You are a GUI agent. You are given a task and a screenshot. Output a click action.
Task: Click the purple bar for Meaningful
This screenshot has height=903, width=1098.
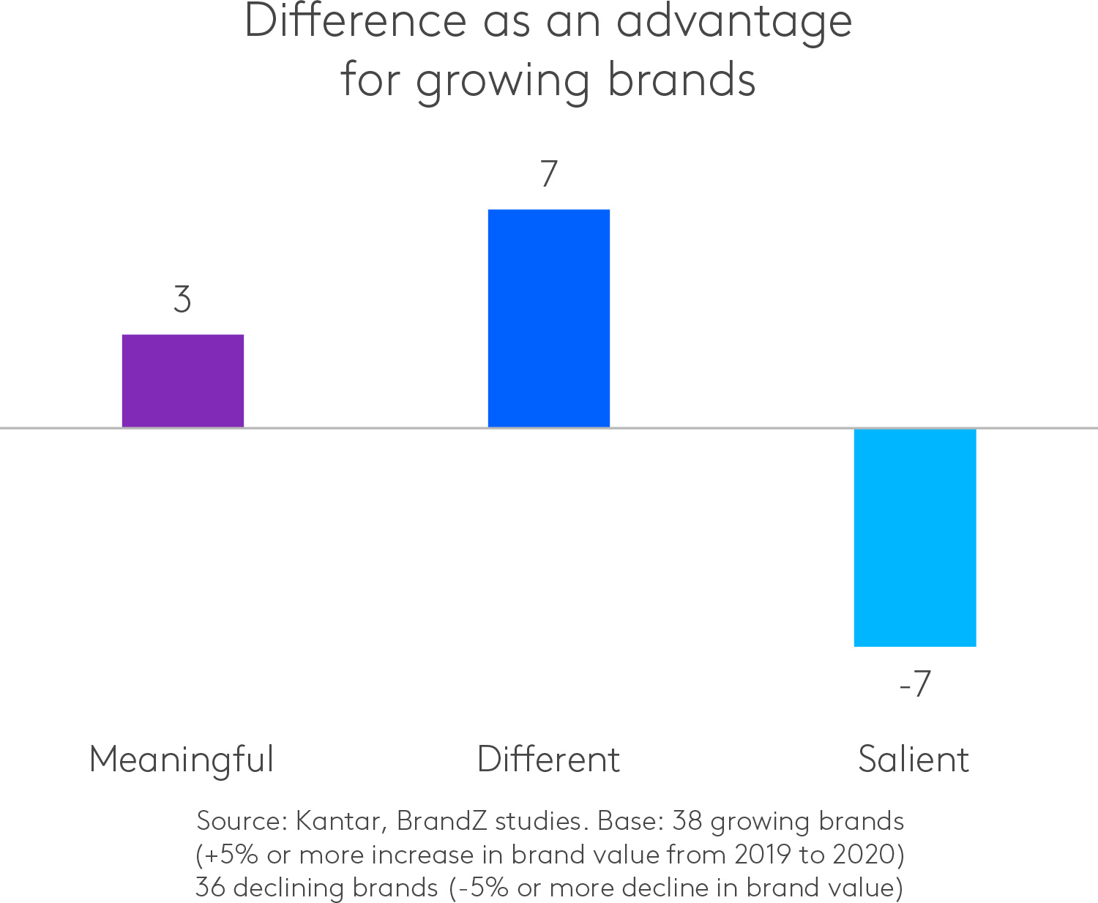[x=182, y=381]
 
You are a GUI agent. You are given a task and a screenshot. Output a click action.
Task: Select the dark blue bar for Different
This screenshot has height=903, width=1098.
[x=548, y=318]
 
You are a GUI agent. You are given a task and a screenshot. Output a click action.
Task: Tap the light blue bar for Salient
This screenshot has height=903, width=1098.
[x=914, y=538]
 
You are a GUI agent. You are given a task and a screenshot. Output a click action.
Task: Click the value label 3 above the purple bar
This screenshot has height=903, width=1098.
[x=182, y=300]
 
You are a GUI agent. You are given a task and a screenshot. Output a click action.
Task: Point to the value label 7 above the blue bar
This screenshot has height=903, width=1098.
[x=549, y=174]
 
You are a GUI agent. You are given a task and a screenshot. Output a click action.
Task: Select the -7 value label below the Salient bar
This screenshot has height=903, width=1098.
[x=914, y=684]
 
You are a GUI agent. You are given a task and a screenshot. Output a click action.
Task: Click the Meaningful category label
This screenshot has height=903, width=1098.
[x=182, y=760]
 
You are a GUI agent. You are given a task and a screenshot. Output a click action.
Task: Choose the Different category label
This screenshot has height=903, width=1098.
[x=548, y=760]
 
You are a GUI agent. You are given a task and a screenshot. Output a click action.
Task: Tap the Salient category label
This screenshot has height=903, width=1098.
[x=914, y=760]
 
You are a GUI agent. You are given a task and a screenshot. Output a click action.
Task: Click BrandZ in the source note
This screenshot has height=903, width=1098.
[x=441, y=821]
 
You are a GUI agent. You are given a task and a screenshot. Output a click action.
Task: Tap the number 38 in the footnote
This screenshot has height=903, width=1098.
[x=687, y=821]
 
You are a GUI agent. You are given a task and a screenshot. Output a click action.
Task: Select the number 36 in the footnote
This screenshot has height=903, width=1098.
[x=211, y=888]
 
